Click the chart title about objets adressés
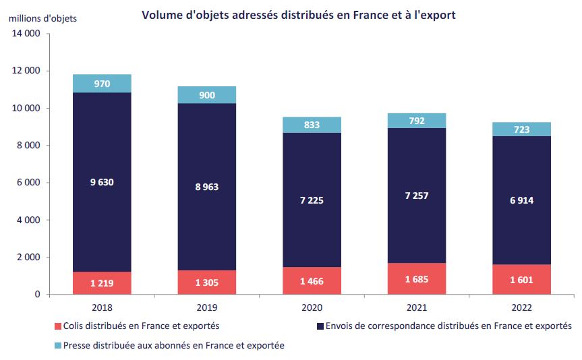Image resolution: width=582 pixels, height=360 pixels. coord(298,15)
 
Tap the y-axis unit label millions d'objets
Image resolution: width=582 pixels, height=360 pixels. coord(42,18)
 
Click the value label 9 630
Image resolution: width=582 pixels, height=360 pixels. coord(102,181)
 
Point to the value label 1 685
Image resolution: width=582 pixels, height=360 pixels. coord(416,278)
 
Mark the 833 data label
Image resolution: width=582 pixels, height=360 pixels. coord(312,125)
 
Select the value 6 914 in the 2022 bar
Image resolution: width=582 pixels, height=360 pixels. coord(521,201)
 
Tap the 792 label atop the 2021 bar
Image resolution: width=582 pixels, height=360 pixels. coord(416,121)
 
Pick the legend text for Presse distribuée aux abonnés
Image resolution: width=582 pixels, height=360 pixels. coord(175,345)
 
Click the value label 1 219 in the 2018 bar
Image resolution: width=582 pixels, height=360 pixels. coord(102,283)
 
